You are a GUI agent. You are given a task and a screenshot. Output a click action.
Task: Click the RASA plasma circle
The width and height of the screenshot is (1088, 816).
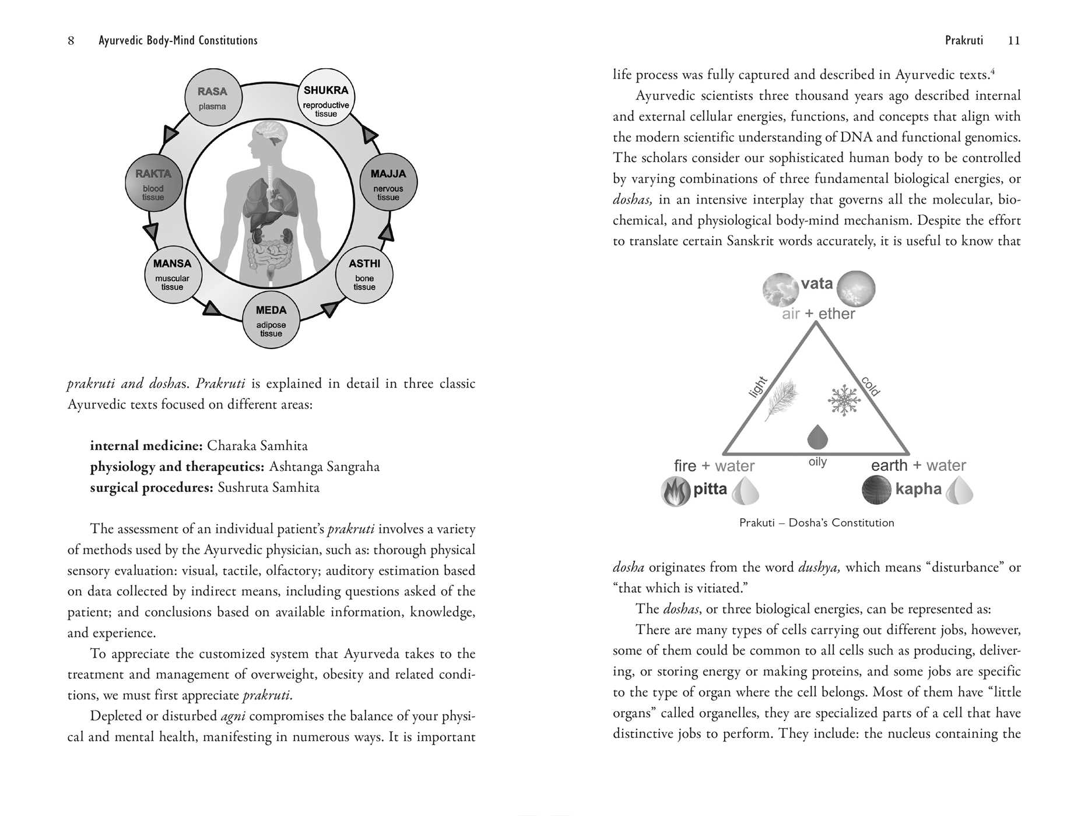point(212,97)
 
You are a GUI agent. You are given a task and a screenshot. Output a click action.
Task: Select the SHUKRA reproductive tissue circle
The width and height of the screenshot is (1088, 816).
point(326,97)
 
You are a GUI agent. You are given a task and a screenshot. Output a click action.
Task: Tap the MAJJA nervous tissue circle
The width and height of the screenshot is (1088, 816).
point(388,182)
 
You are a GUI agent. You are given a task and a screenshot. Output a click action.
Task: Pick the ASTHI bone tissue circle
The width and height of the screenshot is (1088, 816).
point(364,274)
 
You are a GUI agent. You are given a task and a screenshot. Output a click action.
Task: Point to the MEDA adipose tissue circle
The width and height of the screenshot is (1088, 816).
point(271,321)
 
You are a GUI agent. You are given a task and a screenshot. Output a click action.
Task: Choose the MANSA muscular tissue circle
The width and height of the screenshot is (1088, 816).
point(173,274)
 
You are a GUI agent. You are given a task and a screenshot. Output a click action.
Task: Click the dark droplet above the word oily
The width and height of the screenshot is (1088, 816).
point(817,437)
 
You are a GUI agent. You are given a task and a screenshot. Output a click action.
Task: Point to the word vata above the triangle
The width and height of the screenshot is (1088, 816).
point(817,284)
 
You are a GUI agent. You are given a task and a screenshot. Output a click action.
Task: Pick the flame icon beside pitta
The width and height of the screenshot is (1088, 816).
point(675,491)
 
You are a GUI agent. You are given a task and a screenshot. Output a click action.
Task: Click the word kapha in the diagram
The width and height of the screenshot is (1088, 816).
point(918,489)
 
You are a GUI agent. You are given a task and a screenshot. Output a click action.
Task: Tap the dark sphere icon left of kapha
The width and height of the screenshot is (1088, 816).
point(876,490)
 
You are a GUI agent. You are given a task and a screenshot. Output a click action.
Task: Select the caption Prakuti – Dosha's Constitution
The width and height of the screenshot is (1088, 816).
point(816,523)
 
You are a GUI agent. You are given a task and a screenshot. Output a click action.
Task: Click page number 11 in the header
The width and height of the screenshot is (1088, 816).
point(1014,40)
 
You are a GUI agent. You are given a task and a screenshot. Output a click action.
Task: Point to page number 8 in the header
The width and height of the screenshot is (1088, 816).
point(71,40)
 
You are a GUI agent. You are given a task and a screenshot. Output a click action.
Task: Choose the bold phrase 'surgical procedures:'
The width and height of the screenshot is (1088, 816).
point(152,487)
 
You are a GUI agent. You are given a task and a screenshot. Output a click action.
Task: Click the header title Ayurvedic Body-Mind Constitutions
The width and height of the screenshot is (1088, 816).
point(178,40)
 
